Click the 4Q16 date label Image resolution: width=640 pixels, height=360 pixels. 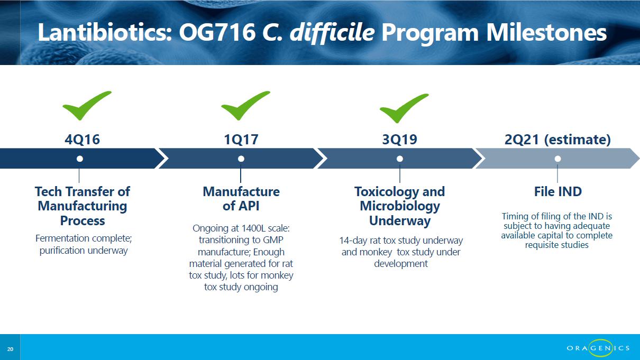83,140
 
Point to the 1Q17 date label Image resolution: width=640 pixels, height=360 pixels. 241,140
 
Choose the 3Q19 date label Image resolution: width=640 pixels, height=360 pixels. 400,140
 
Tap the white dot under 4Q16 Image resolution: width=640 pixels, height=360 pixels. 80,159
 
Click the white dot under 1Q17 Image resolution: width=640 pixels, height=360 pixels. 241,159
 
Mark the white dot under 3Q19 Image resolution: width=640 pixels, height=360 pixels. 400,159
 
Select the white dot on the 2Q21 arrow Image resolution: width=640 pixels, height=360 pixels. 557,159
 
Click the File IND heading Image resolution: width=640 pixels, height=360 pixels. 558,191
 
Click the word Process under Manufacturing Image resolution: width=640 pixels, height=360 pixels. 83,220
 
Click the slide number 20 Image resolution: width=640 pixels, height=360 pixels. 10,349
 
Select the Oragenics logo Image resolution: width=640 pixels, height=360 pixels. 598,348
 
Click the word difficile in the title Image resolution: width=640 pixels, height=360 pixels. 332,33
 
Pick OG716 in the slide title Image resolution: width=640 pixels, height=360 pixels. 217,33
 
